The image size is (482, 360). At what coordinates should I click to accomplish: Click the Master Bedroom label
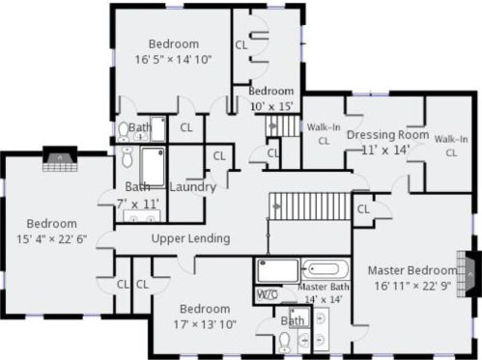[x=411, y=270]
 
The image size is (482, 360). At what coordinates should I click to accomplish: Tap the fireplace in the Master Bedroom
[x=470, y=273]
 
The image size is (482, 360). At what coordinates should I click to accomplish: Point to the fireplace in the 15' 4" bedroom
[x=60, y=157]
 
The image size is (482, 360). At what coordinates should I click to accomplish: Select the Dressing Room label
[x=386, y=135]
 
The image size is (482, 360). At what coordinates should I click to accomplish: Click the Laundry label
[x=191, y=187]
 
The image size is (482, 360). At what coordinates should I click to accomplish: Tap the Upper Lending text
[x=190, y=238]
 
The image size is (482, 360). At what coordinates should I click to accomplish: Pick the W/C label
[x=268, y=293]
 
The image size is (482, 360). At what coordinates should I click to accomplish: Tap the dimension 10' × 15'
[x=270, y=105]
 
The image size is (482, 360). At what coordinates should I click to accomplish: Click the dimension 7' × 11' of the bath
[x=135, y=203]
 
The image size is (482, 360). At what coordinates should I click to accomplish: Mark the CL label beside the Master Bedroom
[x=363, y=208]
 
